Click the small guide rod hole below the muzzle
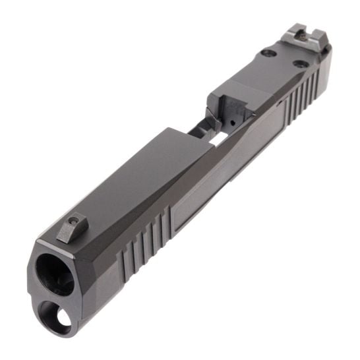tap(63, 319)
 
